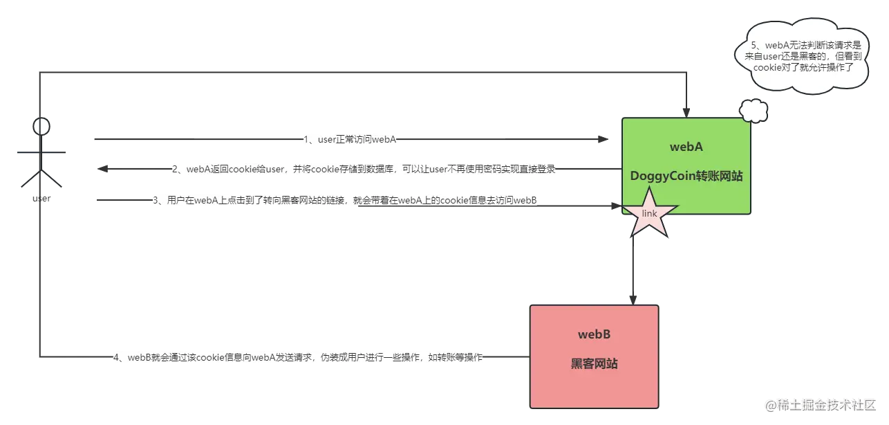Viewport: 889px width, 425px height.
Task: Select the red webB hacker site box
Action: click(595, 356)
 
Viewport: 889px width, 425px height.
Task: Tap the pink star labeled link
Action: click(649, 214)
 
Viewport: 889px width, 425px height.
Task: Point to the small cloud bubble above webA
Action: click(753, 111)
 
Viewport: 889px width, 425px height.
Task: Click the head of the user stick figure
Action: click(42, 127)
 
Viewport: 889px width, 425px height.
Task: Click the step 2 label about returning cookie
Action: click(364, 169)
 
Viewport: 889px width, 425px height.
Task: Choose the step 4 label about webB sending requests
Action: click(299, 357)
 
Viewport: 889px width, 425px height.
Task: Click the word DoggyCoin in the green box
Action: click(662, 177)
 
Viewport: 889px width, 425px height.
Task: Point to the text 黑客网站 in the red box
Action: click(595, 363)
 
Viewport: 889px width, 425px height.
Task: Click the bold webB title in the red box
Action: click(595, 334)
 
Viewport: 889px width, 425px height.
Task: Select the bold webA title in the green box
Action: click(686, 147)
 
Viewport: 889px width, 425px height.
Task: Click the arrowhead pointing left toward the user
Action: click(105, 169)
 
